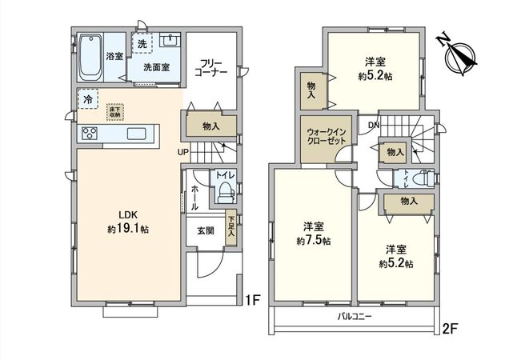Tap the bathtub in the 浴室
(x=90, y=55)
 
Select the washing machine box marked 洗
(x=142, y=44)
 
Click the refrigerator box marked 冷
(x=87, y=98)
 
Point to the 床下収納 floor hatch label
(x=114, y=112)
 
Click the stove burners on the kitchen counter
(x=89, y=134)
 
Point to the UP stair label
(x=183, y=151)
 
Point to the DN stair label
(x=373, y=125)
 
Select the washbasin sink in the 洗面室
(x=170, y=42)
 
